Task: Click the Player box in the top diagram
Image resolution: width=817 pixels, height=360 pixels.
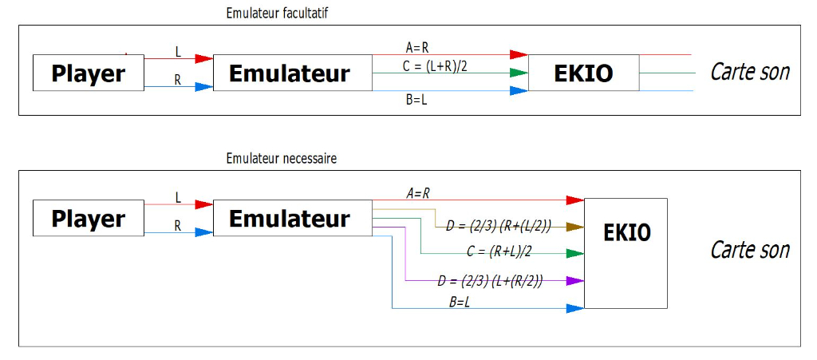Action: coord(88,73)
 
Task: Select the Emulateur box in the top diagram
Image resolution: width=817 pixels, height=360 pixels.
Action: coord(290,73)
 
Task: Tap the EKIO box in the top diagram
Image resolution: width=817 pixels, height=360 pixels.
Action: coord(583,73)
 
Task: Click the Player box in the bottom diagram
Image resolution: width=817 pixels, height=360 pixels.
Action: coord(88,218)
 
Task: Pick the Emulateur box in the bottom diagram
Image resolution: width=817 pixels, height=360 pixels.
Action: coord(290,218)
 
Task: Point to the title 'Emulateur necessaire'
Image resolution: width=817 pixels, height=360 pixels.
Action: coord(282,159)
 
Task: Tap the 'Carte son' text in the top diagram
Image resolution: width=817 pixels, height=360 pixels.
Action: coord(749,72)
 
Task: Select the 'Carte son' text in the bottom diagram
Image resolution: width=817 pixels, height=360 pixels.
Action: coord(749,249)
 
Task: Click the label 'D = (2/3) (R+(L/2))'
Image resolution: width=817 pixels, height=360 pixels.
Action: coord(499,227)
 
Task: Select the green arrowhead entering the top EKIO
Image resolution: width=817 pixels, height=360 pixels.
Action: coord(519,73)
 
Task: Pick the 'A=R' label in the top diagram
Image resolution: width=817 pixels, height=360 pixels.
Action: coord(417,48)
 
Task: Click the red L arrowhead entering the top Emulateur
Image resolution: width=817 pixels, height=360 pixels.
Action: coord(203,58)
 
